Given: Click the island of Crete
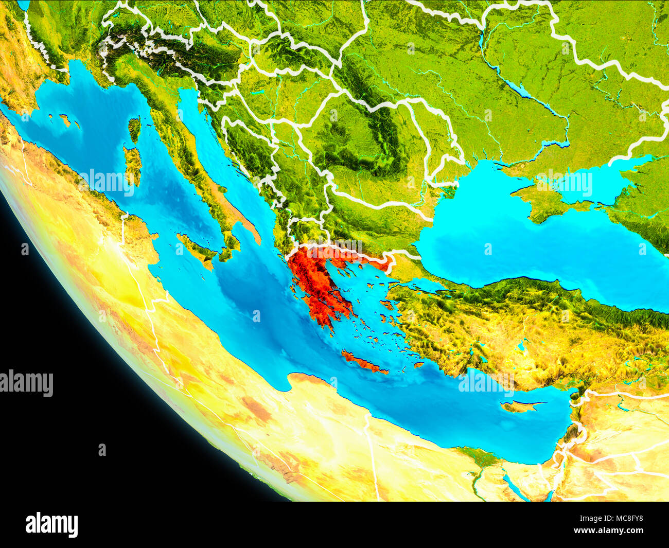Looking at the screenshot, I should tap(362, 362).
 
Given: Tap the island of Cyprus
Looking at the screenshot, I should tap(520, 406).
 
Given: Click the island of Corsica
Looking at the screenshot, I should tap(134, 129).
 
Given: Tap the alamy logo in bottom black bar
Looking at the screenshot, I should tap(52, 525).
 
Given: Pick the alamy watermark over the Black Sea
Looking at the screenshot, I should tap(564, 183).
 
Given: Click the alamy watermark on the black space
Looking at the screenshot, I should tap(27, 383).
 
